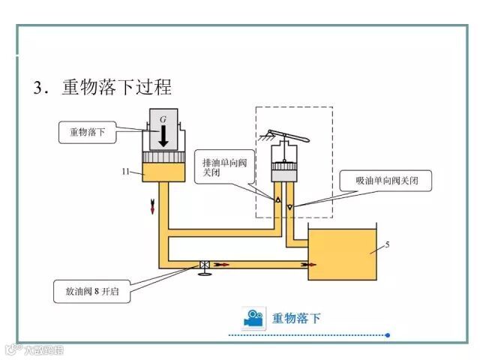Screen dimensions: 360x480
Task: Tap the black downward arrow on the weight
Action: [x=163, y=136]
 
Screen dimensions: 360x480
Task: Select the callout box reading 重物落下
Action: [x=87, y=132]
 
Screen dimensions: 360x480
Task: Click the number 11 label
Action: [x=127, y=172]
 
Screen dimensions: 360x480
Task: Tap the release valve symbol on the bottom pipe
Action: [x=204, y=265]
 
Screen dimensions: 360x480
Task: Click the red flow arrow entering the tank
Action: [x=306, y=264]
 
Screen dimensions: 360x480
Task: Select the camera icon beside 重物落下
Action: [x=253, y=318]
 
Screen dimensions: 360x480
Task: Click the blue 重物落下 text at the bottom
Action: [x=296, y=318]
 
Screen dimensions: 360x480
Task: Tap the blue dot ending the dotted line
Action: [x=387, y=335]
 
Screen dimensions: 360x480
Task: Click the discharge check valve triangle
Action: [x=277, y=201]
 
